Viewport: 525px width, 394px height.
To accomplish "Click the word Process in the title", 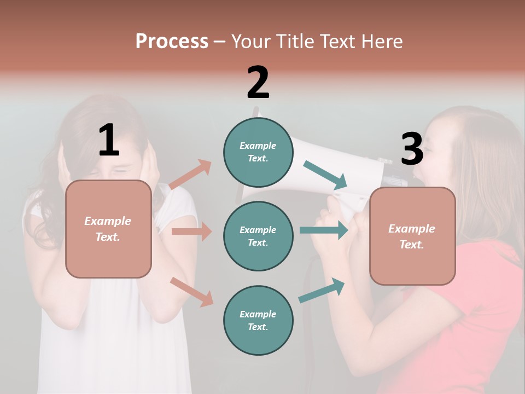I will pos(172,42).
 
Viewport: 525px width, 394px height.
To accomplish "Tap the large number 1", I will pos(109,140).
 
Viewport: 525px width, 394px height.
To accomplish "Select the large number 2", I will pos(258,83).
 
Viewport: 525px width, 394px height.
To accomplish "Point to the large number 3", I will pos(412,149).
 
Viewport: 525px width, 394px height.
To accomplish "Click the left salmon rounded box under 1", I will pos(108,229).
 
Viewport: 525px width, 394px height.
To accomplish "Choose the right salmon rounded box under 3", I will pos(412,236).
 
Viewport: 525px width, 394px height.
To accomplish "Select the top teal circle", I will pos(258,152).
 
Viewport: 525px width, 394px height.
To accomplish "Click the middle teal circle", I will pos(258,236).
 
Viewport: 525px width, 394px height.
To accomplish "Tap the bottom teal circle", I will pos(258,320).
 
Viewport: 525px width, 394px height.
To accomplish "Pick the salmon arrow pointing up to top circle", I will pos(190,175).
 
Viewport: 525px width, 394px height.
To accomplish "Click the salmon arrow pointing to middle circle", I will pos(191,231).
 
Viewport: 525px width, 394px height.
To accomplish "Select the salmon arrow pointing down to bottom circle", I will pos(191,291).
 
